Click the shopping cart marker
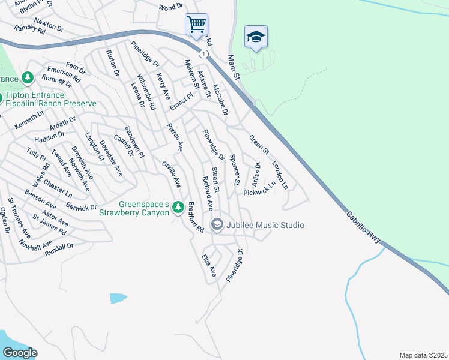196,25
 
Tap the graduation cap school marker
256,37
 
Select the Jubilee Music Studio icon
217,225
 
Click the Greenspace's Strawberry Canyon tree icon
178,207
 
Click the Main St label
233,68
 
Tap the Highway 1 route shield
205,54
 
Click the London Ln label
280,175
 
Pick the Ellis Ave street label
208,264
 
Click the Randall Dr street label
59,248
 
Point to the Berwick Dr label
82,207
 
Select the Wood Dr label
170,7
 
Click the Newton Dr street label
49,24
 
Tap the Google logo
19,353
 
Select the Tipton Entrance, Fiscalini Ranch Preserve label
50,100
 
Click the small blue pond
118,298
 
